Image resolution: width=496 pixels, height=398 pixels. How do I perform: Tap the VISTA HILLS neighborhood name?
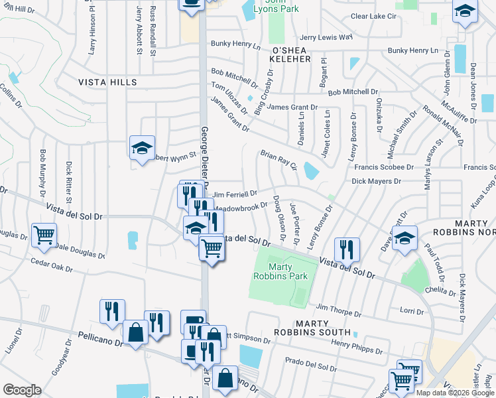point(107,82)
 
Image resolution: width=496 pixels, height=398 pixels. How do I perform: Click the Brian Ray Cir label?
point(278,159)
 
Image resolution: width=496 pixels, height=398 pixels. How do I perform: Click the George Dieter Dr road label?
point(205,157)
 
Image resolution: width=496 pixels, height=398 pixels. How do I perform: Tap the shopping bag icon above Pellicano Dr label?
point(135,333)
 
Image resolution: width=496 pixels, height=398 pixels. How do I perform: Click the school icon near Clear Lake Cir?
point(465,11)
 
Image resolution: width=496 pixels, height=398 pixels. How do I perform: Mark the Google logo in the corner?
point(23,390)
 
